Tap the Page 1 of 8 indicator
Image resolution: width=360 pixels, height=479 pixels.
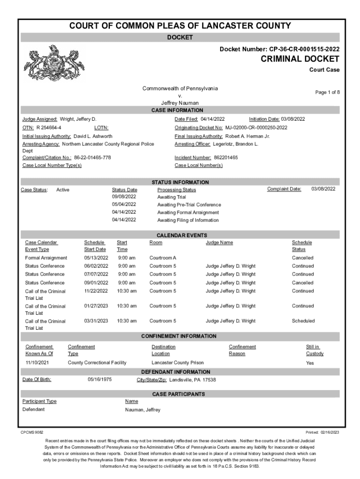pos(327,93)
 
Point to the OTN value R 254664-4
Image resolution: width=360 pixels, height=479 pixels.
pos(49,128)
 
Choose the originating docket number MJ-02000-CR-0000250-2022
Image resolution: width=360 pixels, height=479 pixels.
pos(256,128)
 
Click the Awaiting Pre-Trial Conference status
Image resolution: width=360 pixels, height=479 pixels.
pos(189,205)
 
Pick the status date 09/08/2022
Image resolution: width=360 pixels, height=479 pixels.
pos(124,197)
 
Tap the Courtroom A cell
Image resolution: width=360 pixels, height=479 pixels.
pos(163,258)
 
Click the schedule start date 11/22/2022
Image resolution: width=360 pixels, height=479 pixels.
pos(96,291)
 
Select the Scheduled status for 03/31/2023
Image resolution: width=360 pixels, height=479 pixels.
pos(303,321)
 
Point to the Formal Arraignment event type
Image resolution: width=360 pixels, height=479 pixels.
pos(46,258)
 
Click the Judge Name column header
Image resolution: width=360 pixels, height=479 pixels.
pos(219,242)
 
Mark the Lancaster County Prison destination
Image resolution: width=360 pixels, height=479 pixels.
pos(178,363)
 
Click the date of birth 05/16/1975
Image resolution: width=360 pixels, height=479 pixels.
pos(100,379)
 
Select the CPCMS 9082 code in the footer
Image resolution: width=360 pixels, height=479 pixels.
pos(32,432)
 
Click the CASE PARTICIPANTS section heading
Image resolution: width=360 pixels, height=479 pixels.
pos(178,394)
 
